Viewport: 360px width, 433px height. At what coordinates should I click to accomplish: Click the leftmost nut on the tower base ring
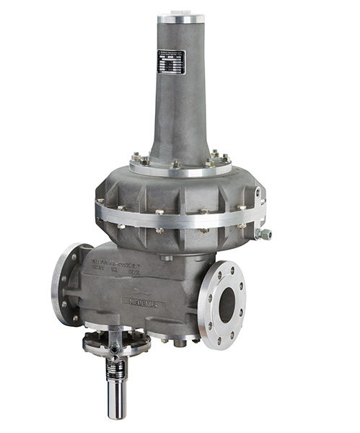pyautogui.click(x=135, y=157)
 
